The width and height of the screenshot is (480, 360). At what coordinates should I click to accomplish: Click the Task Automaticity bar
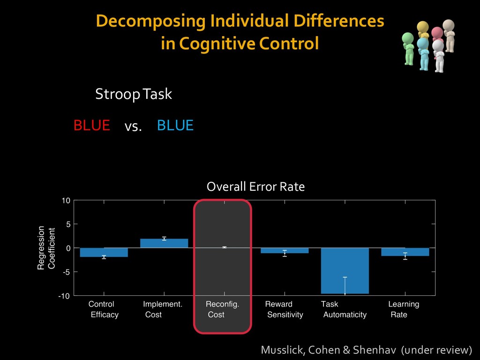click(345, 270)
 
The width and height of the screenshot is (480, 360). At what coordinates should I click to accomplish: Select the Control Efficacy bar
click(104, 252)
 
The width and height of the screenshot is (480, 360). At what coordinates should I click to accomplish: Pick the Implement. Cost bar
click(164, 243)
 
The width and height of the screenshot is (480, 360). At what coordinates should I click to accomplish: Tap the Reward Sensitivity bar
click(285, 250)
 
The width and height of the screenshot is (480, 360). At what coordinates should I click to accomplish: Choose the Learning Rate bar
click(405, 252)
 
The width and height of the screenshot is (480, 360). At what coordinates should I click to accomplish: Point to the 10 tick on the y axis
click(66, 201)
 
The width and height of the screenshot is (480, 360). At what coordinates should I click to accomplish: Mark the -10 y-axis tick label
click(64, 296)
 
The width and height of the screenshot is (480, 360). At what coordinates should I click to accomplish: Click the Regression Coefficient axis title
click(46, 248)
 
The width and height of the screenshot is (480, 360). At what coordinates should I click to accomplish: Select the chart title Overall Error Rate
click(255, 187)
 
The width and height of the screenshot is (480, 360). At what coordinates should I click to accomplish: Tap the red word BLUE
click(91, 125)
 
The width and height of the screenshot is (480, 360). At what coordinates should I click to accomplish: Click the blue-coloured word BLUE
click(175, 125)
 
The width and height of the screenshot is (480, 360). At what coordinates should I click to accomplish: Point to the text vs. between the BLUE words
click(133, 126)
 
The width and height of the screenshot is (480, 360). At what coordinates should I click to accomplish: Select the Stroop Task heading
click(134, 94)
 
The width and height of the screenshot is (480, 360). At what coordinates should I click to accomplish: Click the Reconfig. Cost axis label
click(222, 309)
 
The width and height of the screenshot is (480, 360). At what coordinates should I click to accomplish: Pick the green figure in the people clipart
click(408, 49)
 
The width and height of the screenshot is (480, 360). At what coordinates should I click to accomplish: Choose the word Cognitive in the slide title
click(217, 43)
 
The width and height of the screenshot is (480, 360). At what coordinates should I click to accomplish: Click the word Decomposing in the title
click(150, 22)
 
